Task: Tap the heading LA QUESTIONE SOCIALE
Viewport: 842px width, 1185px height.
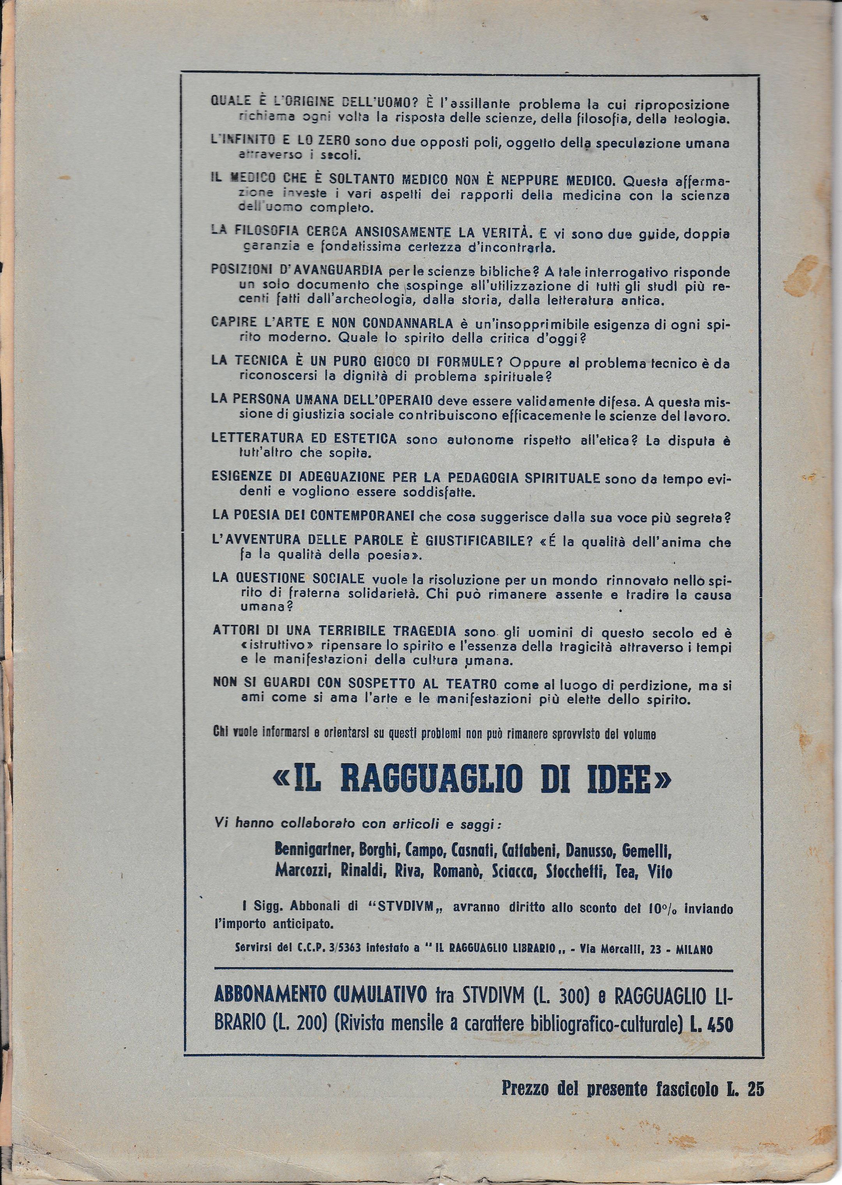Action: tap(290, 578)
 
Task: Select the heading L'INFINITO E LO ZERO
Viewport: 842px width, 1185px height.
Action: tap(281, 141)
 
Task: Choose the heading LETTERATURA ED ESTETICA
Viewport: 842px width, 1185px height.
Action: tap(304, 438)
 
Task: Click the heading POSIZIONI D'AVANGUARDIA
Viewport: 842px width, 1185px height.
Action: tap(297, 271)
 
